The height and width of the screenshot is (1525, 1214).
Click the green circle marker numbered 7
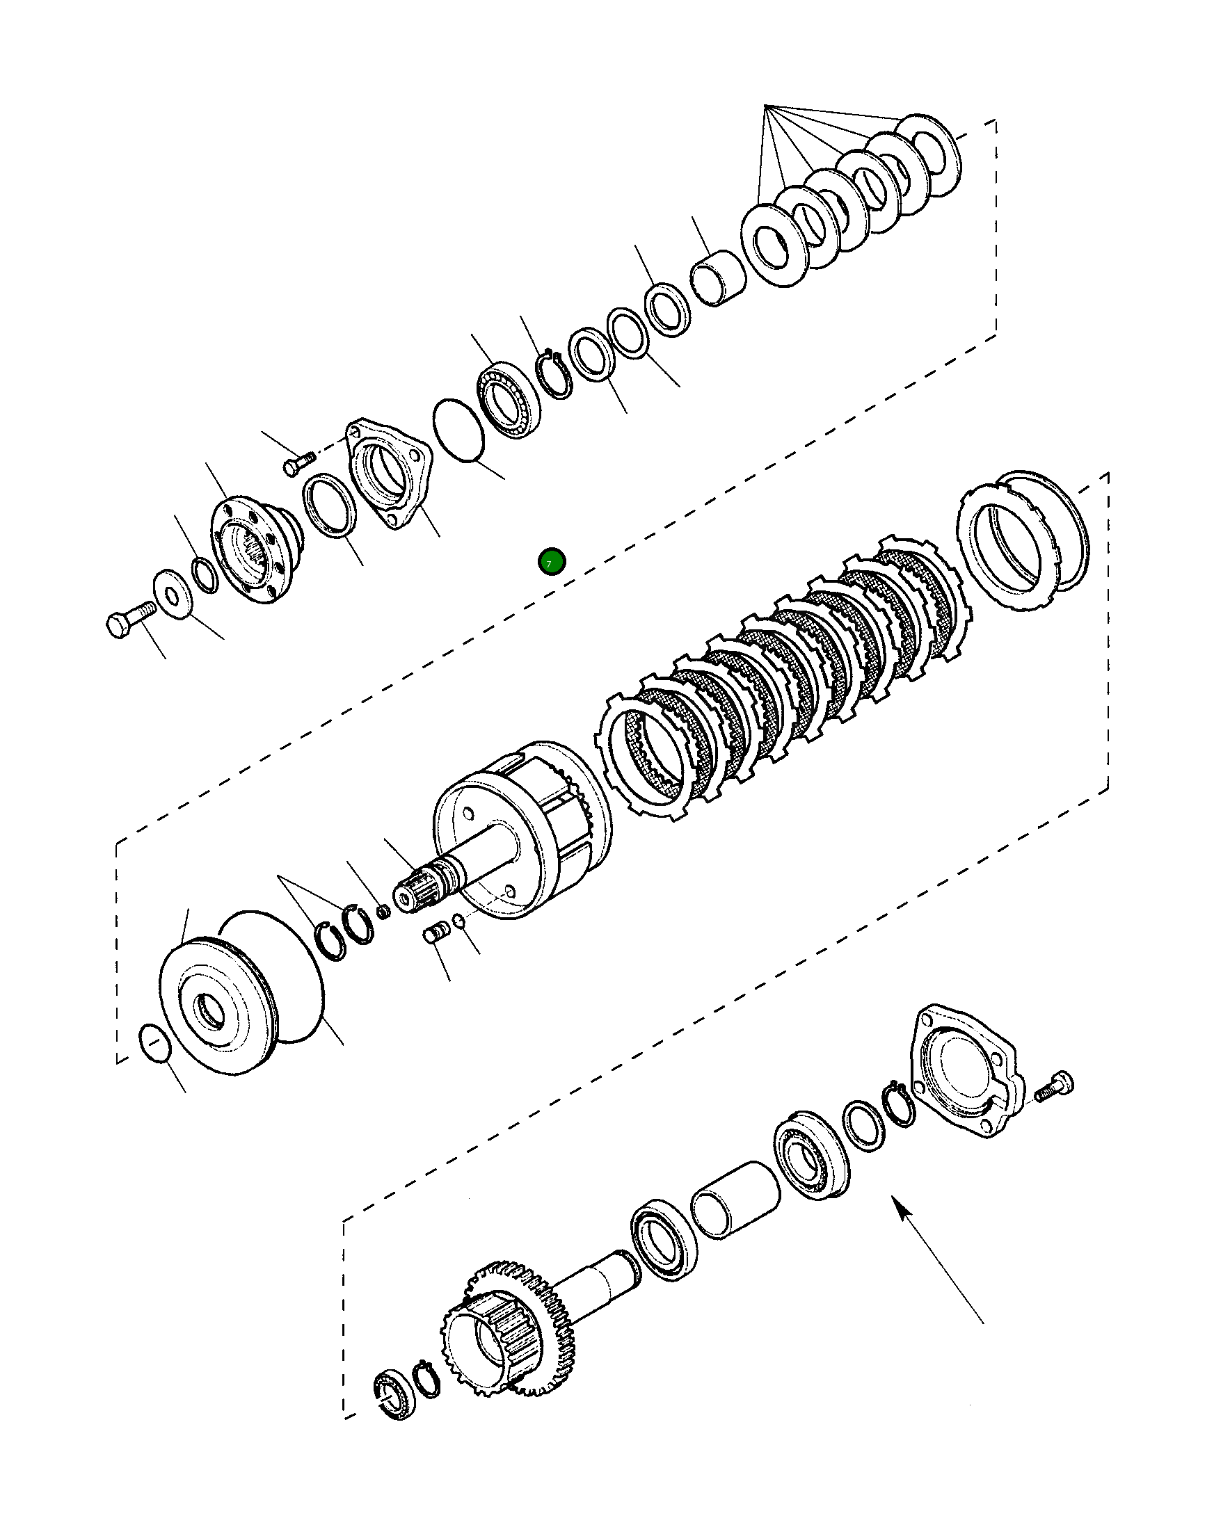coord(551,563)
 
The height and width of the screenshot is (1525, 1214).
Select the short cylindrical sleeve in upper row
coord(717,278)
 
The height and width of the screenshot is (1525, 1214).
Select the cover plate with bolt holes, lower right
coord(966,1069)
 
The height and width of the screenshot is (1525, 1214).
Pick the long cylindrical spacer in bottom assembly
coord(736,1200)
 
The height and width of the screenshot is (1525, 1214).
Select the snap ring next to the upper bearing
coord(554,375)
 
